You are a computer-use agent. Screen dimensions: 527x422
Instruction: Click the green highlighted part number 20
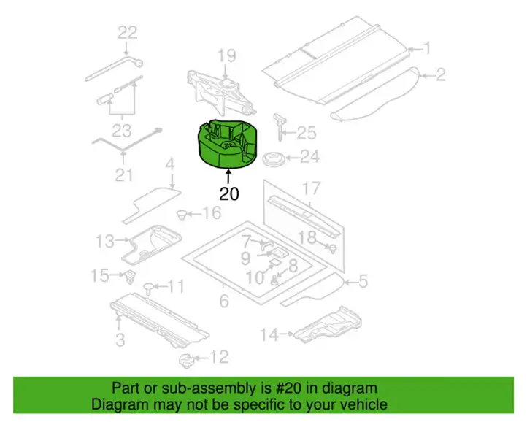tap(227, 143)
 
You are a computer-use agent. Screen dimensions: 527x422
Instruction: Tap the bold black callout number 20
tap(229, 194)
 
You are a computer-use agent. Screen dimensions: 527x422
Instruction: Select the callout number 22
tap(128, 33)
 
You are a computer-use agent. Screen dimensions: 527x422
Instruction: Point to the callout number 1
tap(427, 48)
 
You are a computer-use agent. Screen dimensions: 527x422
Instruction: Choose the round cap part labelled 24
tap(273, 159)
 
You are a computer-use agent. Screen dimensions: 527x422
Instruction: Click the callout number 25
tap(306, 133)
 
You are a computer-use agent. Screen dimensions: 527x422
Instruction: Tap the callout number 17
tap(311, 188)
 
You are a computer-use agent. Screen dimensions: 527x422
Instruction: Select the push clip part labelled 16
tap(182, 215)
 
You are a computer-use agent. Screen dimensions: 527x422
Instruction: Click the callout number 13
tap(105, 241)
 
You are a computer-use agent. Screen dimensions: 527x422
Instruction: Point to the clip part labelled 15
tap(130, 277)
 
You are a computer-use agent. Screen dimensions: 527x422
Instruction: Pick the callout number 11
tap(176, 286)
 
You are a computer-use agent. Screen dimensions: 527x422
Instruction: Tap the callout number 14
tap(269, 334)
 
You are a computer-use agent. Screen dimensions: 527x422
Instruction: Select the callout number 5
tap(363, 281)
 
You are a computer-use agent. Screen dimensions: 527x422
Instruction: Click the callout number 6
tap(224, 301)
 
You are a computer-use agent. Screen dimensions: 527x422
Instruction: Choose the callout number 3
tap(120, 339)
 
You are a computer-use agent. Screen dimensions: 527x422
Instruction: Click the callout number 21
tap(124, 174)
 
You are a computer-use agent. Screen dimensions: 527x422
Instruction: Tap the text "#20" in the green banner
tap(285, 388)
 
